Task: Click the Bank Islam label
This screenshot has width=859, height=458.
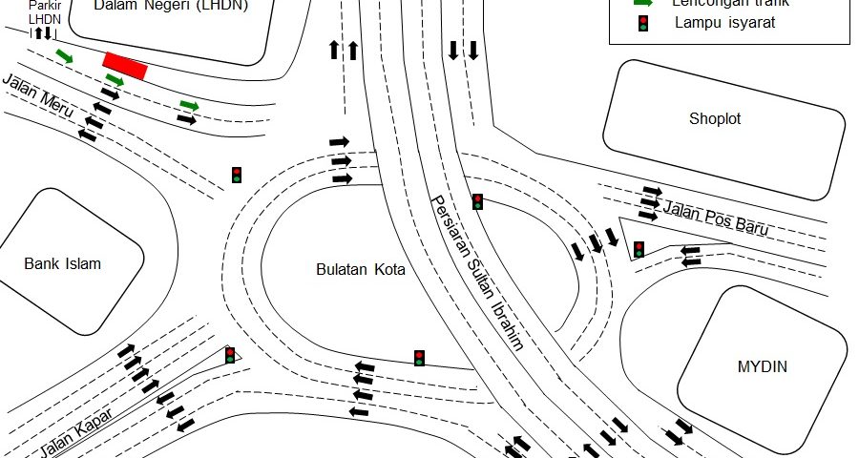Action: pyautogui.click(x=62, y=263)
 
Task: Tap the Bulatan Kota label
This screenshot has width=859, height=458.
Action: pyautogui.click(x=361, y=270)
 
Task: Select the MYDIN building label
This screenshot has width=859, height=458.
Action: pyautogui.click(x=763, y=366)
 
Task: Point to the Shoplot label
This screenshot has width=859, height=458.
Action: pyautogui.click(x=715, y=119)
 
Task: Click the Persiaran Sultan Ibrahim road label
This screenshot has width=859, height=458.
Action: pyautogui.click(x=477, y=273)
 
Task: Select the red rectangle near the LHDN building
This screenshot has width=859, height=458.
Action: pyautogui.click(x=125, y=66)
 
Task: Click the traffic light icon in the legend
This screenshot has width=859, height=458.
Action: pyautogui.click(x=644, y=22)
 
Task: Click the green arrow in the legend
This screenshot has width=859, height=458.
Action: pyautogui.click(x=644, y=3)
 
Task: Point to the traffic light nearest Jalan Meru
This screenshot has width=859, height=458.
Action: pyautogui.click(x=237, y=175)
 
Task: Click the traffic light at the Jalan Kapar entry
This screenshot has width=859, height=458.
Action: pyautogui.click(x=230, y=355)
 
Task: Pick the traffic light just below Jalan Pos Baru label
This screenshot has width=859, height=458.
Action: pyautogui.click(x=639, y=249)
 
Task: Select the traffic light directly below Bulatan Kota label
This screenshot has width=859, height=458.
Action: pyautogui.click(x=418, y=358)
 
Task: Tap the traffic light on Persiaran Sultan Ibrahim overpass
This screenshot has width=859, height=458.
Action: pyautogui.click(x=477, y=201)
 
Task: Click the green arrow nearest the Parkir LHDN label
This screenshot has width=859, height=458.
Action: pyautogui.click(x=64, y=56)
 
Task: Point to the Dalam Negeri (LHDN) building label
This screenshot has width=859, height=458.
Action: pyautogui.click(x=172, y=6)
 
